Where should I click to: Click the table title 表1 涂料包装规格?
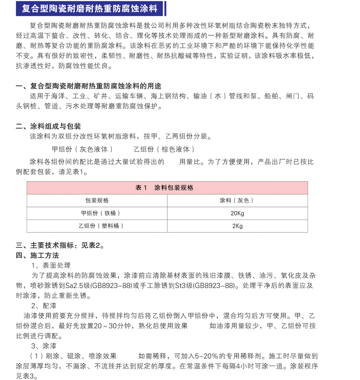[x=167, y=188]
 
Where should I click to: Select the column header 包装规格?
[x=97, y=200]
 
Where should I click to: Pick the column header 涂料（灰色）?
[x=237, y=200]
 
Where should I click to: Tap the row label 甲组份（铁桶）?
[x=97, y=213]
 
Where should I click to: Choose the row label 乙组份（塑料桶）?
[x=97, y=225]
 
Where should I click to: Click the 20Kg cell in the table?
[x=237, y=213]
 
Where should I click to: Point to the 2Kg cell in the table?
[x=237, y=225]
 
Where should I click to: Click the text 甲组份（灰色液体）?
[x=81, y=149]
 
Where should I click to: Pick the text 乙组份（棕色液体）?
[x=164, y=149]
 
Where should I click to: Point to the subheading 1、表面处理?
[x=51, y=265]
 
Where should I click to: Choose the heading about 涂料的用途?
[x=88, y=86]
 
